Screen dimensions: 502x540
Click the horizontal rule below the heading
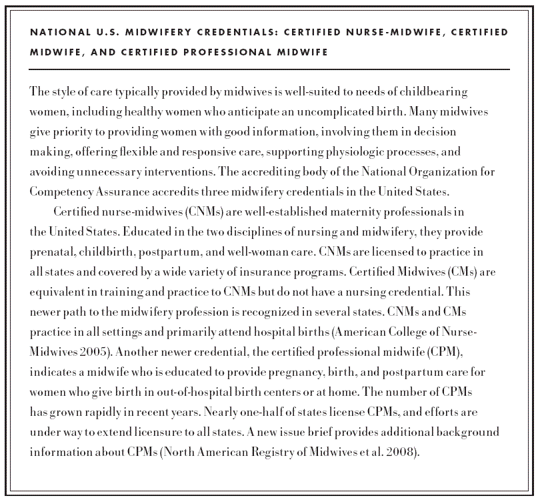(x=269, y=69)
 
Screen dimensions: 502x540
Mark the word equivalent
(x=59, y=292)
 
